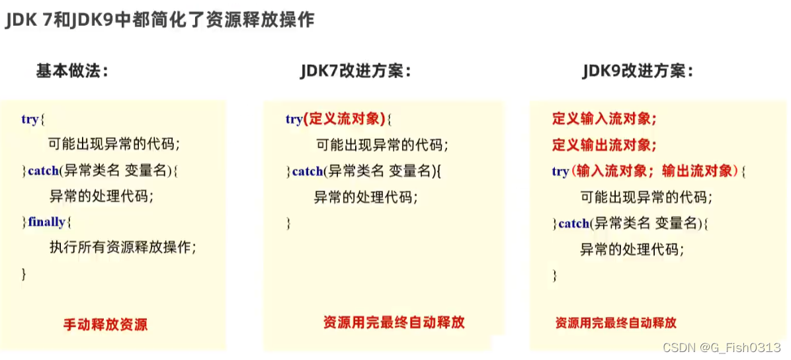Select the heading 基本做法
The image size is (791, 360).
(72, 71)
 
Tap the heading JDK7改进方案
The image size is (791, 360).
(356, 71)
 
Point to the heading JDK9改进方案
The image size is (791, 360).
(638, 71)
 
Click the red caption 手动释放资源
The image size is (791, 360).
(105, 325)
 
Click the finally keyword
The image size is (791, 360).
(46, 222)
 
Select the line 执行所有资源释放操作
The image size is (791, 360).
(123, 247)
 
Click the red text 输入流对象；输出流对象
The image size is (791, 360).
(654, 171)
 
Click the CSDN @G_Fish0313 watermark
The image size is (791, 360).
(730, 347)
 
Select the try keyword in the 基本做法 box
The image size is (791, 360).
(30, 120)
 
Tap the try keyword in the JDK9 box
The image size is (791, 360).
(560, 171)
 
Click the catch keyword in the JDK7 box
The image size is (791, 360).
(308, 171)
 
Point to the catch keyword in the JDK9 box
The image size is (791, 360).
(573, 224)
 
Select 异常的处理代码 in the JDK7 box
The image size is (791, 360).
(366, 197)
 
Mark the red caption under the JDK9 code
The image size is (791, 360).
(615, 324)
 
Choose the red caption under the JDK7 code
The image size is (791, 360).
(394, 323)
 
